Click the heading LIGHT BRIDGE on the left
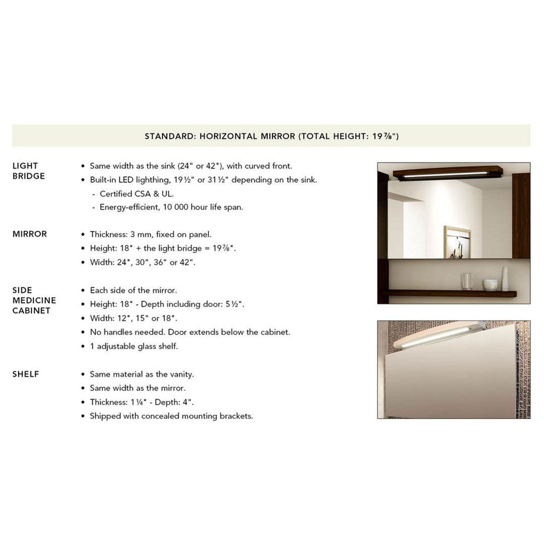pos(28,171)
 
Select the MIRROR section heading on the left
pos(29,234)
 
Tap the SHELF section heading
pos(26,374)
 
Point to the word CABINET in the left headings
pos(31,311)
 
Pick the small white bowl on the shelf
pos(490,285)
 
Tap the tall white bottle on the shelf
pos(505,279)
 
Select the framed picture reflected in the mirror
pos(457,242)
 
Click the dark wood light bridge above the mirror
pos(447,172)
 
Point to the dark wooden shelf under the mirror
pos(451,294)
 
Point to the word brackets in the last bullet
pos(236,416)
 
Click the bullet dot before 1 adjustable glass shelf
pos(83,347)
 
